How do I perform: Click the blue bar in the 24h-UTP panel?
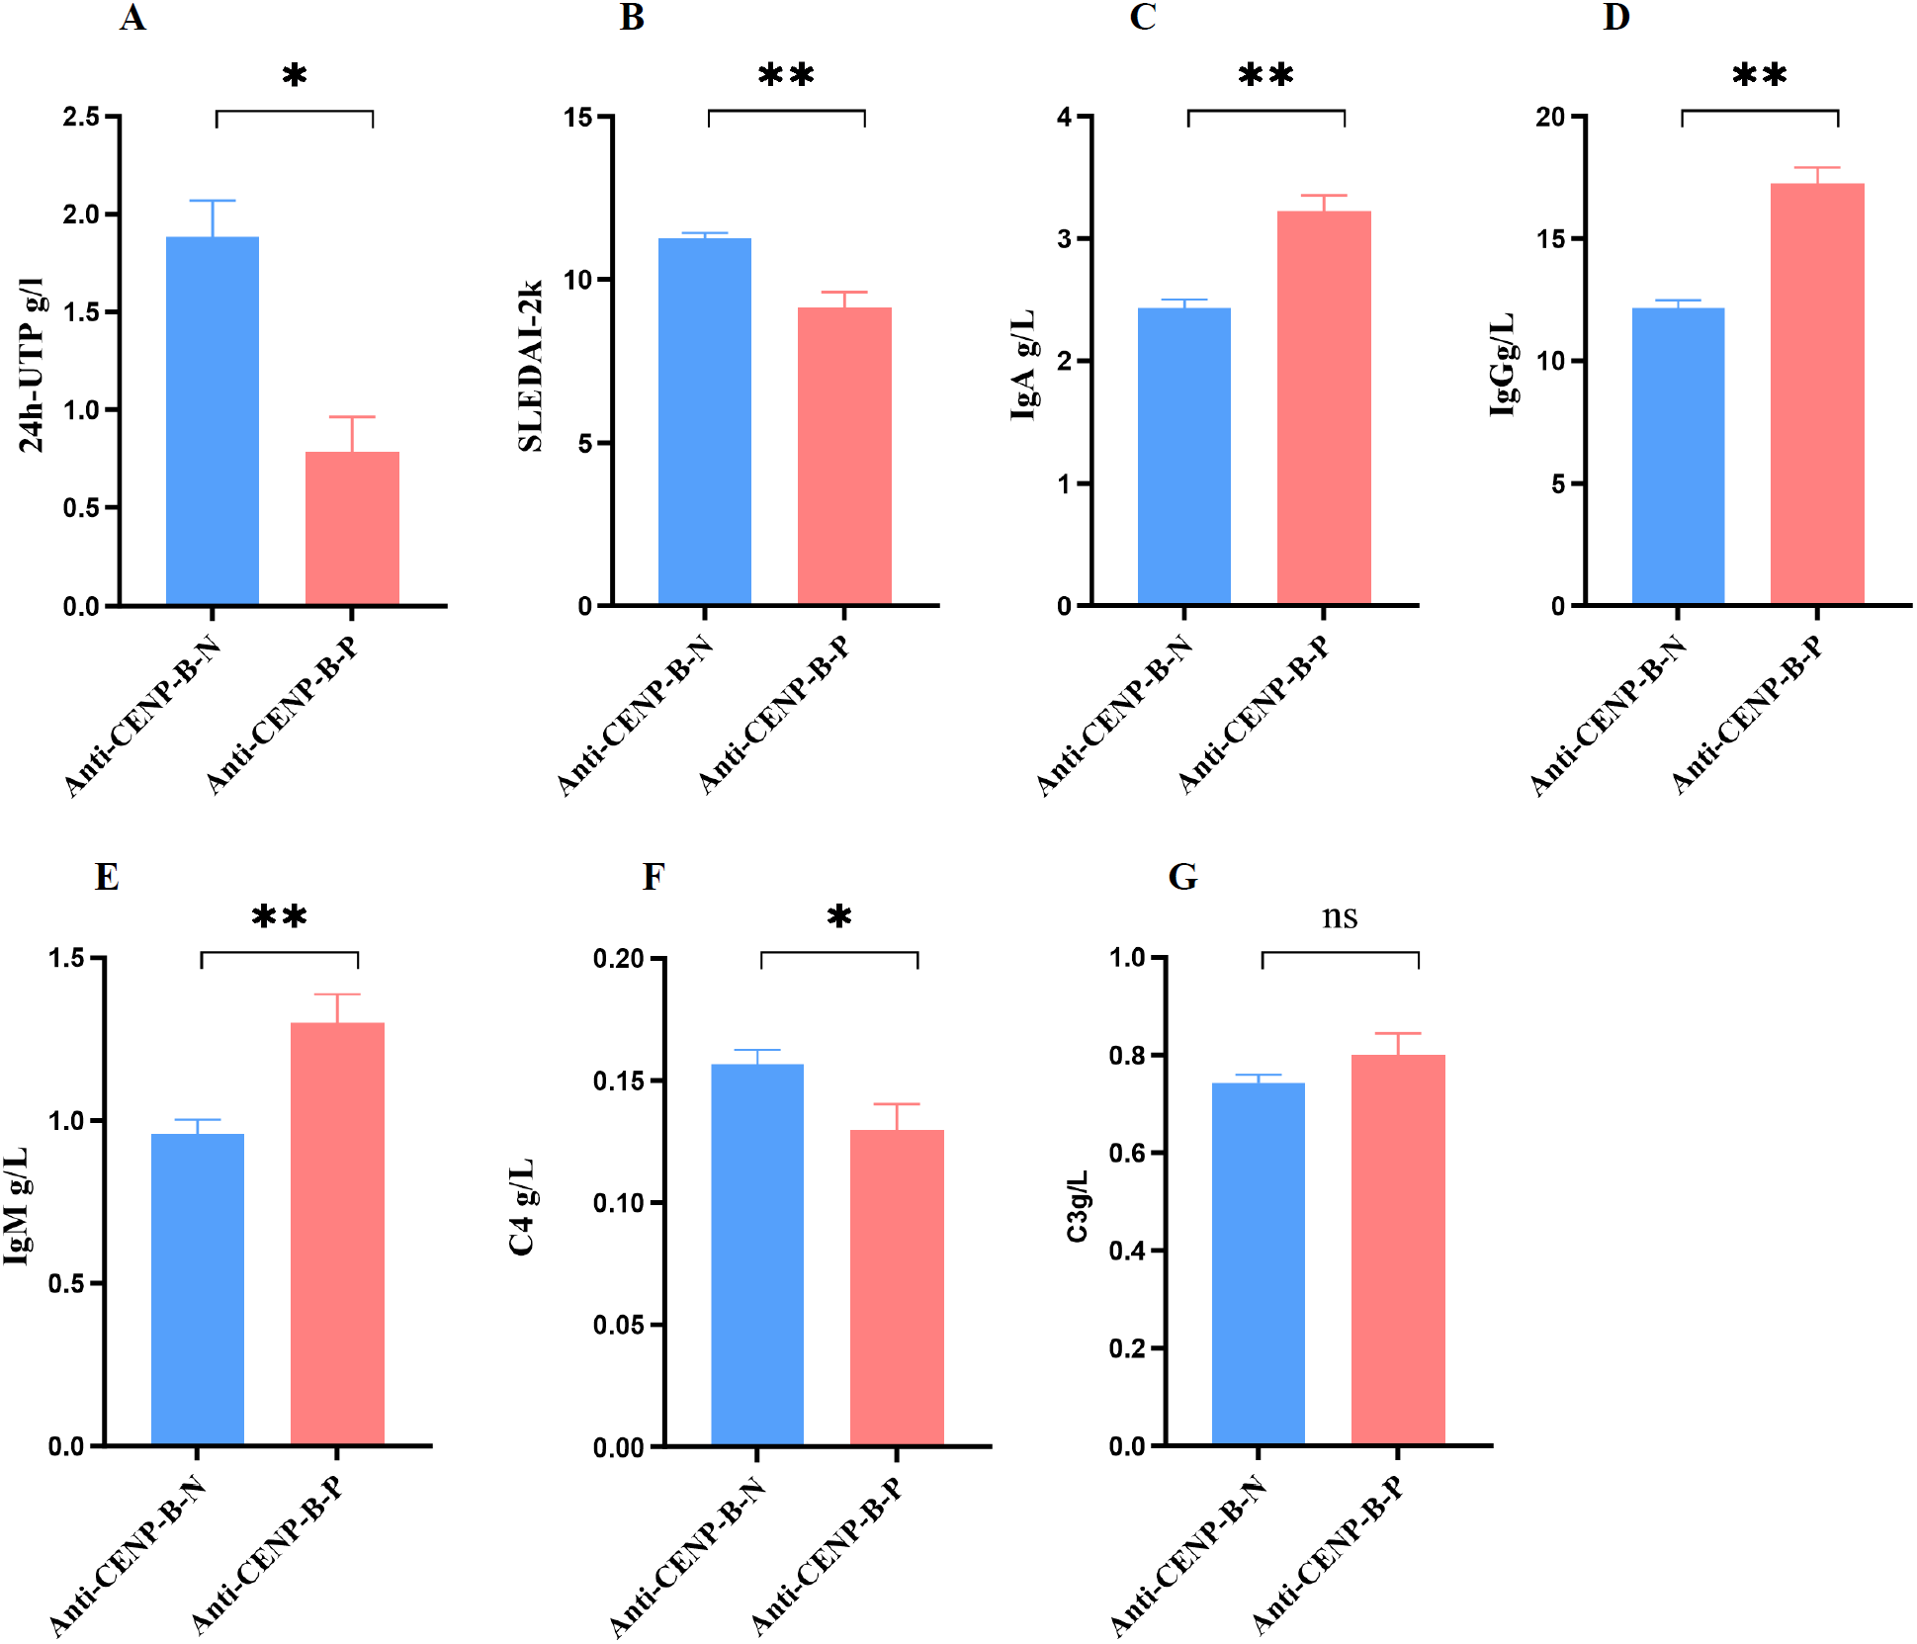(213, 420)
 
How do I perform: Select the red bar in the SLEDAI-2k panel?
(844, 455)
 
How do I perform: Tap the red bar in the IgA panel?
(1324, 407)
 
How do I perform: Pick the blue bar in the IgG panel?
(1678, 455)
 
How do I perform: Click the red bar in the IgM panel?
(337, 1234)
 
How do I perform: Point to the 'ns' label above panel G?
(1340, 917)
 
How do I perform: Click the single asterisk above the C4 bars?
(839, 917)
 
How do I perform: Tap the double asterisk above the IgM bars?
(280, 917)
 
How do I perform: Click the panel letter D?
(1615, 18)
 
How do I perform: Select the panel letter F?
(653, 877)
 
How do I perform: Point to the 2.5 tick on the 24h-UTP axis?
(82, 117)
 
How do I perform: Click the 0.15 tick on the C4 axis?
(619, 1081)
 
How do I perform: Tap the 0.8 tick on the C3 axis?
(1127, 1056)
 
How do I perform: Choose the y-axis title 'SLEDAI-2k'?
(531, 366)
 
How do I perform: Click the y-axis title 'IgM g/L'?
(17, 1206)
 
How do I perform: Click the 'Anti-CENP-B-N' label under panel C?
(1114, 717)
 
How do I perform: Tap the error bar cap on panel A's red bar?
(352, 417)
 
